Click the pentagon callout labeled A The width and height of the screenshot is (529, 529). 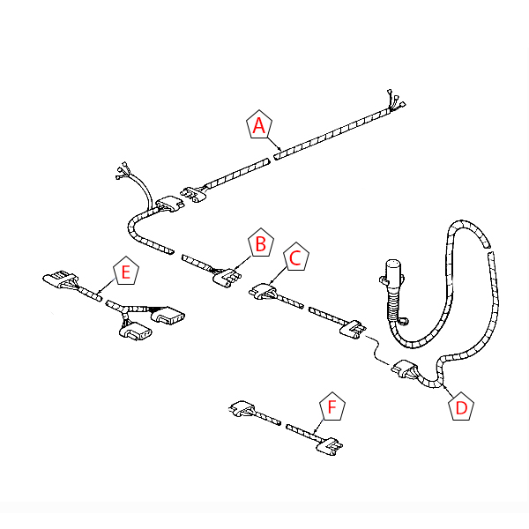[259, 124]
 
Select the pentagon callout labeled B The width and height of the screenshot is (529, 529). [261, 242]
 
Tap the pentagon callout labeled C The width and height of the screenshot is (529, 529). [296, 257]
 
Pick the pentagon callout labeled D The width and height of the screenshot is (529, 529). [461, 406]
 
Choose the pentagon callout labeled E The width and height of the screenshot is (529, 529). [126, 271]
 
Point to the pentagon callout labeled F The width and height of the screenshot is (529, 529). [332, 406]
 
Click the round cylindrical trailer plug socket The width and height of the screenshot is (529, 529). [391, 274]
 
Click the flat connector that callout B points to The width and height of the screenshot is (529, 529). [227, 278]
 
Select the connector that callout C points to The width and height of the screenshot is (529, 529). [263, 291]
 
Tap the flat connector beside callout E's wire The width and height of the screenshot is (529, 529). [61, 279]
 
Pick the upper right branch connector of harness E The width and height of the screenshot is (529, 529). [168, 316]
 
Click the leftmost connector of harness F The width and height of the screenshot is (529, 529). [242, 408]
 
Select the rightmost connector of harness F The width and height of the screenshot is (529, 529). [330, 447]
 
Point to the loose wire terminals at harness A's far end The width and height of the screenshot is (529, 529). [396, 101]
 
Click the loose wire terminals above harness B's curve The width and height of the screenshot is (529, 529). [123, 170]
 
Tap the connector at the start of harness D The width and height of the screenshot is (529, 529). [405, 368]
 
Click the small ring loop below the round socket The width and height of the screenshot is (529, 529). [403, 321]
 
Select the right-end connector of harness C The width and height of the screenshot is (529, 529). [352, 329]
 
